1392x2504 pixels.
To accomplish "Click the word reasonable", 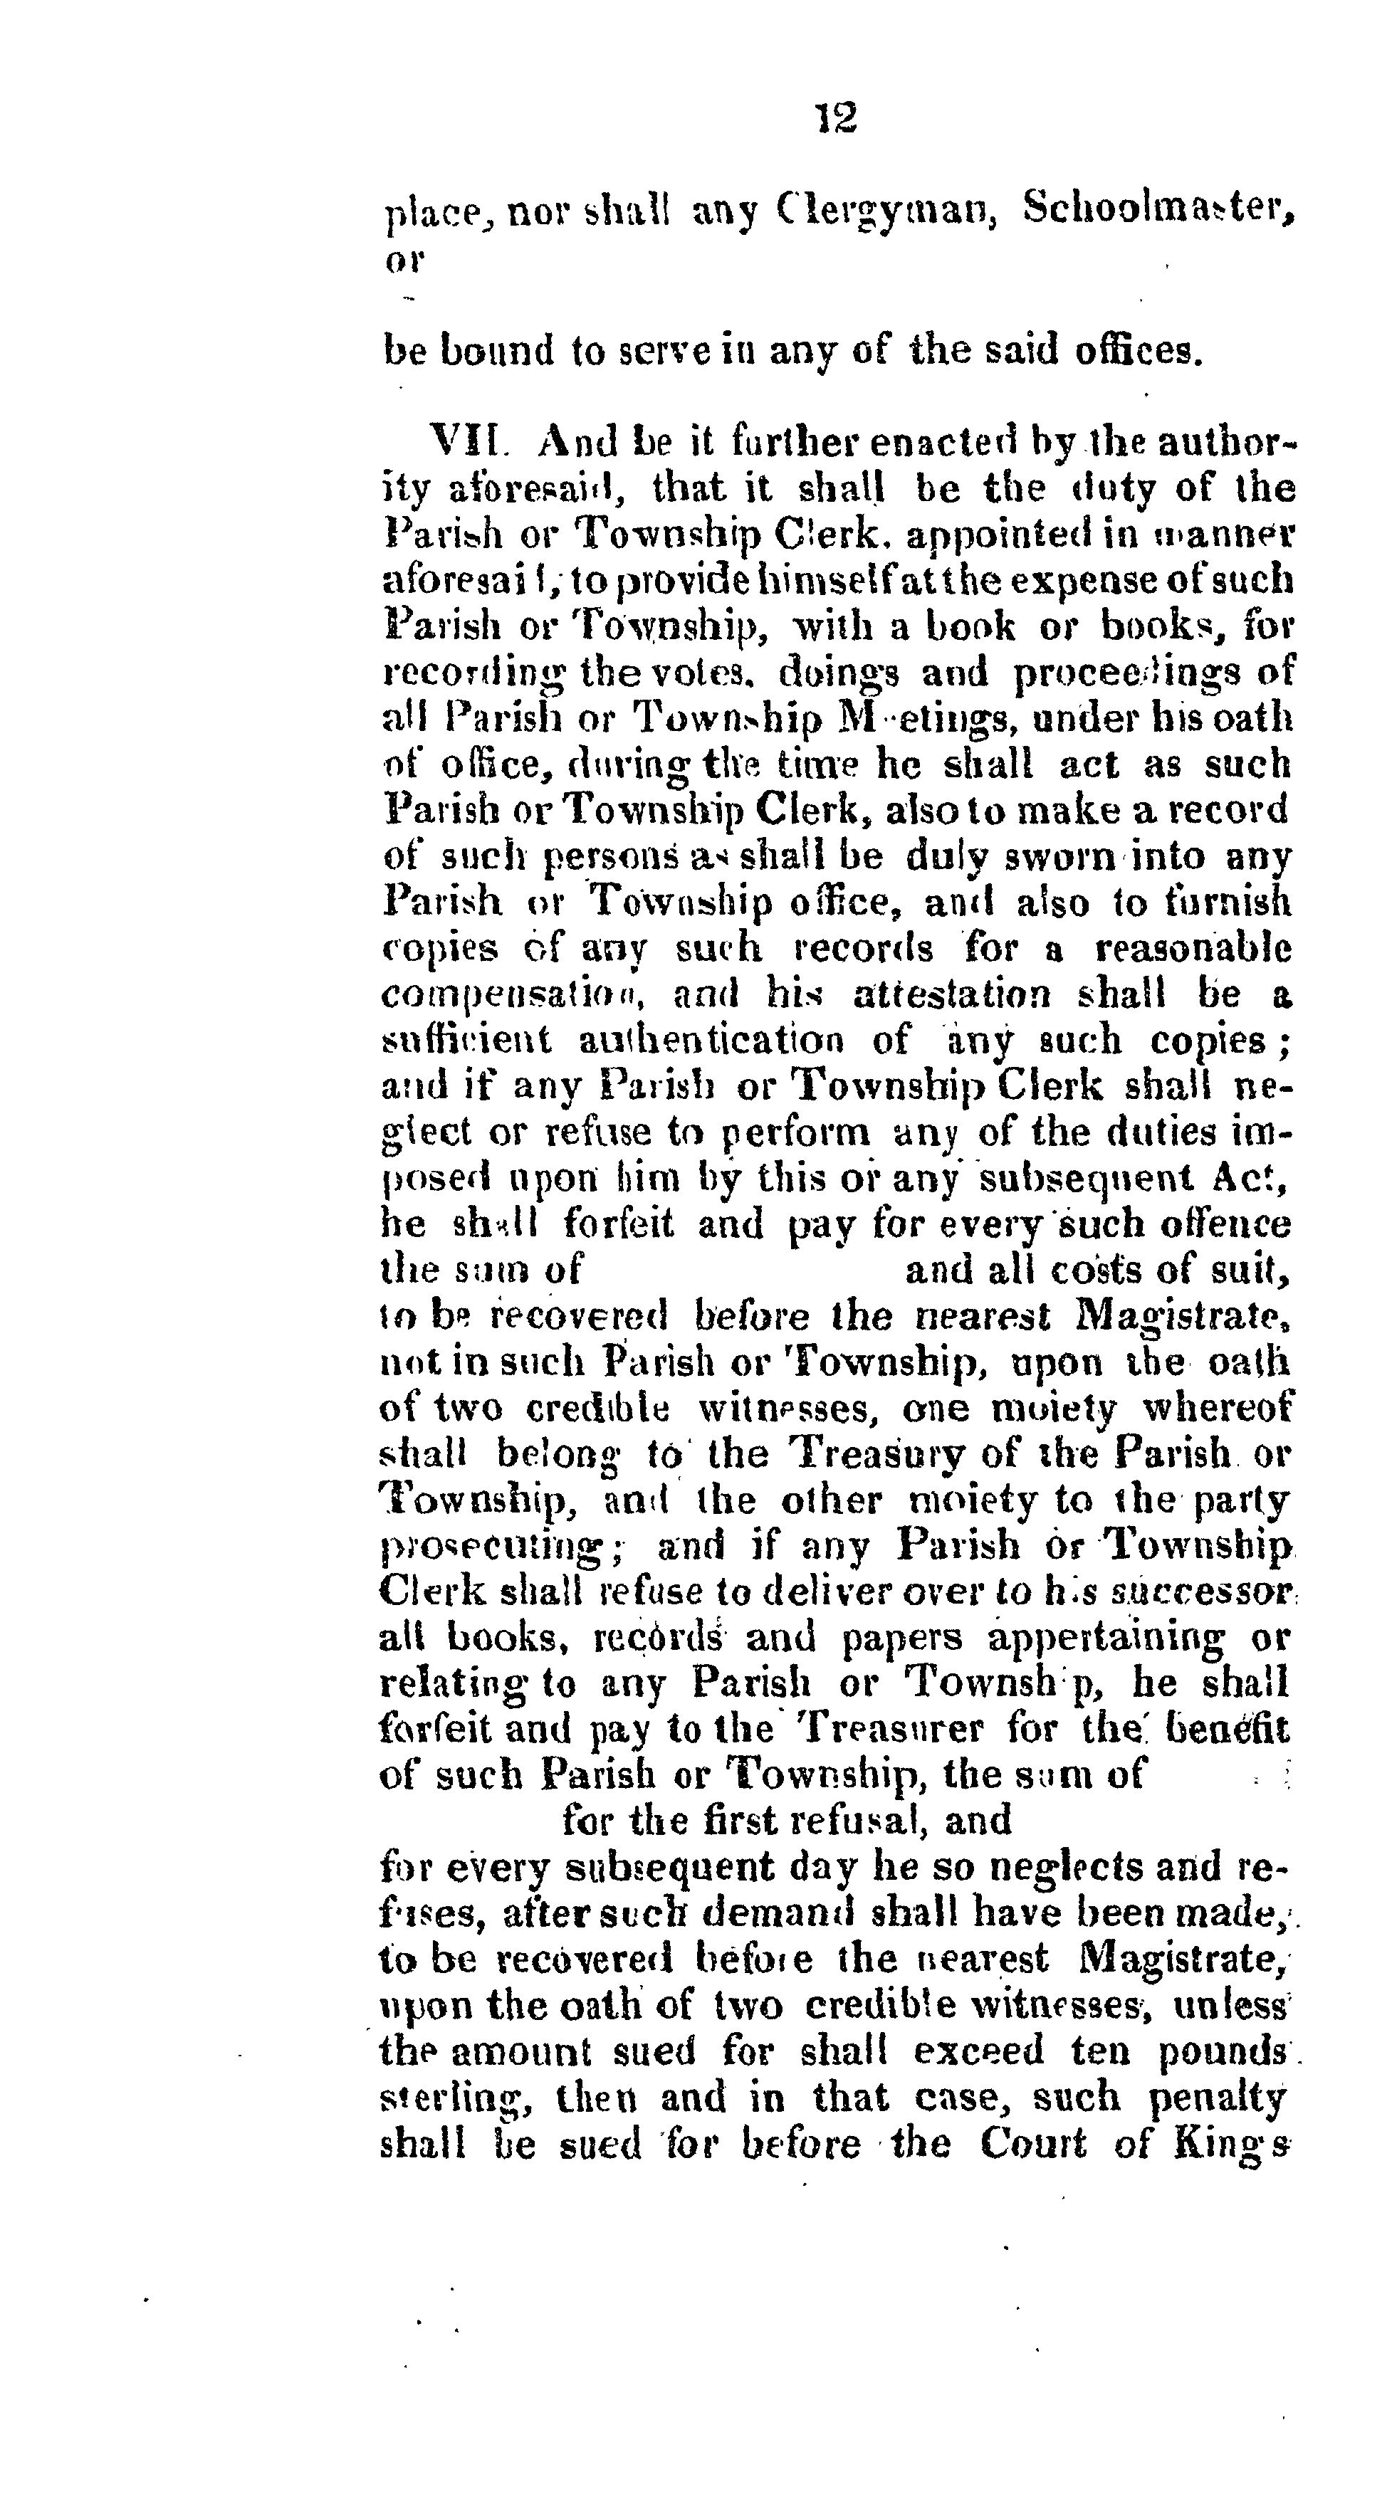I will (1193, 948).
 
